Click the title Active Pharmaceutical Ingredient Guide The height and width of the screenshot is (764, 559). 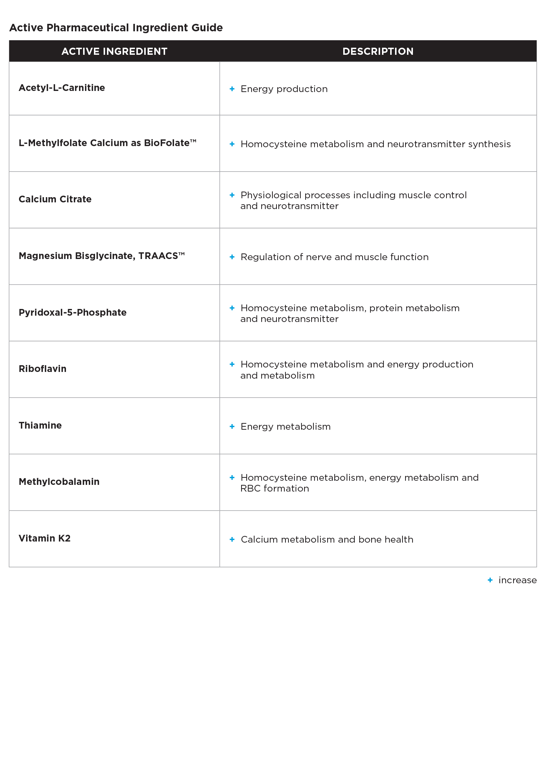[x=116, y=28]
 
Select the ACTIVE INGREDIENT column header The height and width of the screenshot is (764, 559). [x=114, y=51]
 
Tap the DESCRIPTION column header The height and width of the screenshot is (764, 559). [x=378, y=51]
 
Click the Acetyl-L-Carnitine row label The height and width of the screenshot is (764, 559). [x=62, y=88]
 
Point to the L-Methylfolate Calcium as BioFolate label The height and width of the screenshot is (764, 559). [x=107, y=143]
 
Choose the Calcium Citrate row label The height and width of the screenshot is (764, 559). [x=55, y=199]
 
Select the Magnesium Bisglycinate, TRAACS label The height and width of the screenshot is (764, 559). [x=101, y=256]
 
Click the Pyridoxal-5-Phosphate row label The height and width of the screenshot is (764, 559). [x=73, y=313]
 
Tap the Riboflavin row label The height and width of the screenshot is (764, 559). [x=42, y=369]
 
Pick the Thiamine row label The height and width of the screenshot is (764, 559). [x=40, y=426]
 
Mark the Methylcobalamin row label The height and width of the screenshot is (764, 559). [x=59, y=482]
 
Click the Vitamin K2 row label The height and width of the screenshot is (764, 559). [x=45, y=539]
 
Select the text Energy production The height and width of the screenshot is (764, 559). [x=284, y=89]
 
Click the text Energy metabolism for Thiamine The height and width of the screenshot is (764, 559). [x=285, y=427]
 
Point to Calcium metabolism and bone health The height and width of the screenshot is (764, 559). [x=327, y=540]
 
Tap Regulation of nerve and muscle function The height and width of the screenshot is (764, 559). [x=334, y=257]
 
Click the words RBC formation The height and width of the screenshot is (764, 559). [x=275, y=489]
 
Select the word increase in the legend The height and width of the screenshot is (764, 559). [x=517, y=580]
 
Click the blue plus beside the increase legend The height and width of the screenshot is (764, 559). [x=490, y=580]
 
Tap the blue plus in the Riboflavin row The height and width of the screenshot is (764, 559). [x=232, y=364]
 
